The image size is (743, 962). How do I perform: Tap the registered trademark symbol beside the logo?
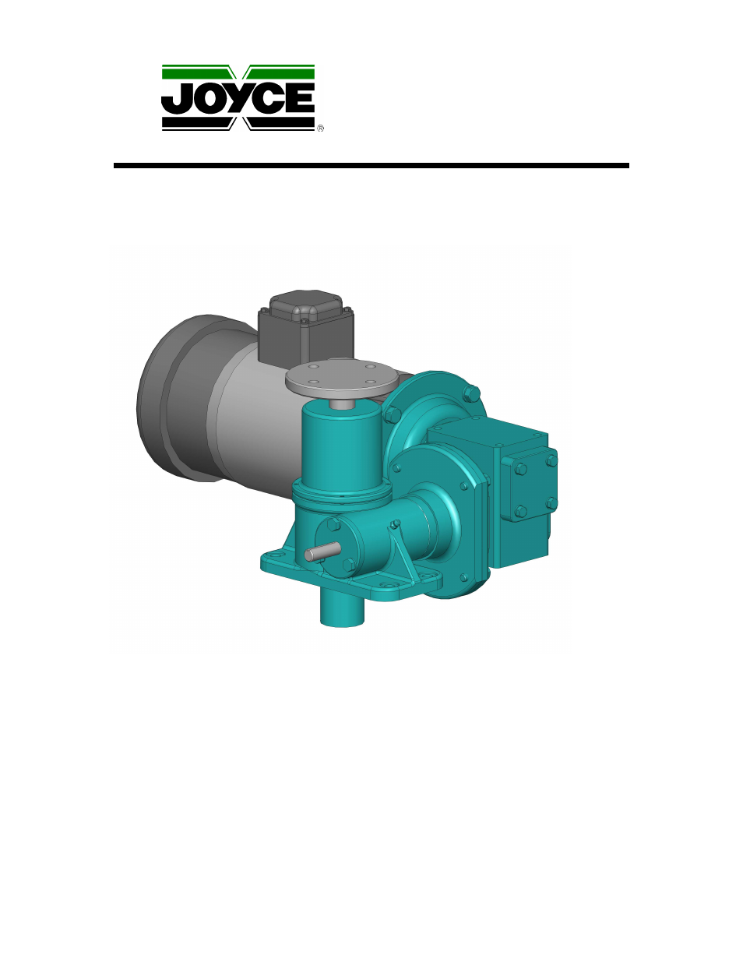[x=320, y=129]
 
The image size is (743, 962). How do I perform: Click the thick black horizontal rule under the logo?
[x=371, y=166]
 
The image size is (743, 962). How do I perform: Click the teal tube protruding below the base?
[x=343, y=608]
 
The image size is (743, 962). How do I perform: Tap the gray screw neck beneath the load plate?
[x=340, y=403]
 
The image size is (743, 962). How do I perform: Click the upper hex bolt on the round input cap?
[x=333, y=524]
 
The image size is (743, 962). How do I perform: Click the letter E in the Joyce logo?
[x=300, y=98]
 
